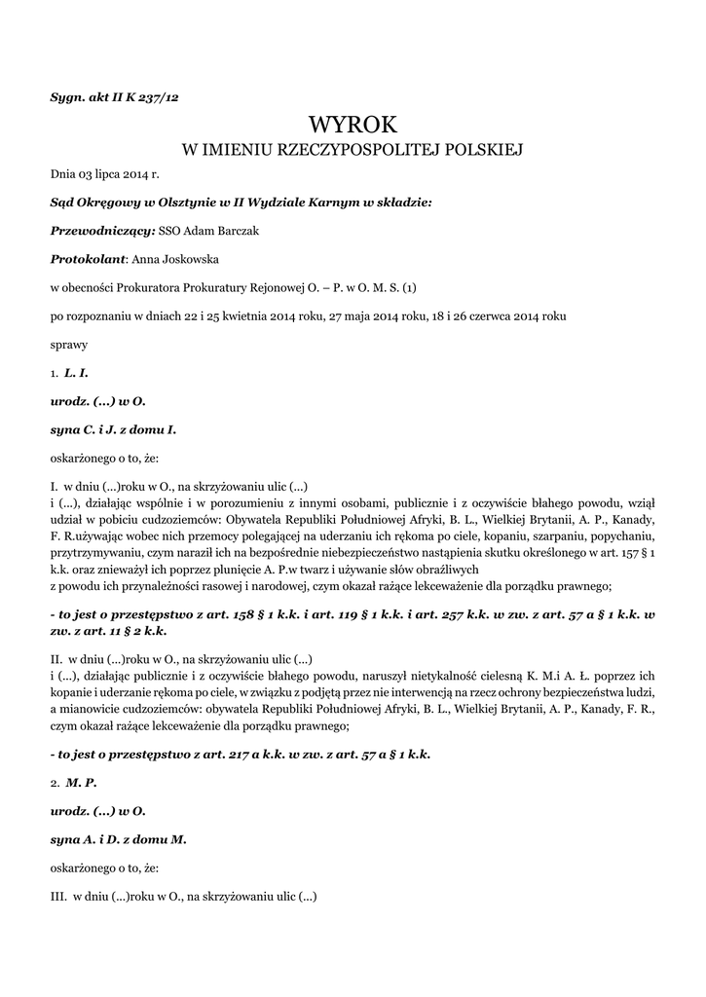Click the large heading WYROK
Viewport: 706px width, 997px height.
352,125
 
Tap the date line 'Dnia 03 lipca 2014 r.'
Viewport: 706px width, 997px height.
104,175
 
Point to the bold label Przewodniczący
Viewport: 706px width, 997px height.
101,231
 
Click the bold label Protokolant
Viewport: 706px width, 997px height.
89,259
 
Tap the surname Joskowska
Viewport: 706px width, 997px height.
192,259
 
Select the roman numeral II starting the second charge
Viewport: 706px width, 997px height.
56,657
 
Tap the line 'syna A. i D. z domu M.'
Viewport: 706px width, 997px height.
118,838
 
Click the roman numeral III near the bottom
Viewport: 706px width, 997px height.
58,895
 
